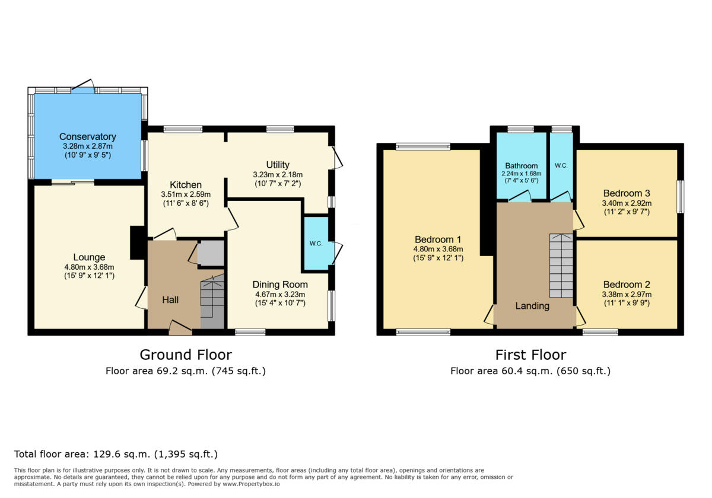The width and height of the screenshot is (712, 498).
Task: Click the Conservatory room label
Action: [87, 137]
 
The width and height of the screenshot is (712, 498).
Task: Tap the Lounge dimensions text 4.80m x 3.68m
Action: [88, 267]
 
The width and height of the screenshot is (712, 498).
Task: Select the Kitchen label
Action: [186, 185]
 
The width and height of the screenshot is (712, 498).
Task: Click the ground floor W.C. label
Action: [316, 243]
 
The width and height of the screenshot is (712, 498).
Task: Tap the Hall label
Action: [170, 301]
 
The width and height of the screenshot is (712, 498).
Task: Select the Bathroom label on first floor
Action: [521, 166]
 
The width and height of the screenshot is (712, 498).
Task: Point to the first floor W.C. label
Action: [561, 166]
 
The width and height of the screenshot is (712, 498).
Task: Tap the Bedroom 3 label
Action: [627, 193]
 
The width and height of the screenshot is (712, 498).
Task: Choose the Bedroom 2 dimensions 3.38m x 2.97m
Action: [627, 294]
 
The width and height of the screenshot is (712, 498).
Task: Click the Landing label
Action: [532, 306]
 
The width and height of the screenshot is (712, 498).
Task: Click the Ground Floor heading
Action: [185, 355]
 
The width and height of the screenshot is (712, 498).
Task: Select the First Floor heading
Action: [530, 355]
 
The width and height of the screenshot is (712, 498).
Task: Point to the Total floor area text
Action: [116, 455]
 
